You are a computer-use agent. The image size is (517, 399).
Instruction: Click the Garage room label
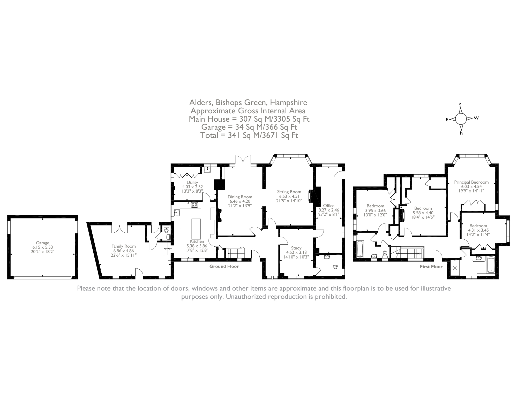click(x=42, y=243)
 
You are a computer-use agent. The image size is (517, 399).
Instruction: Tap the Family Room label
click(x=123, y=246)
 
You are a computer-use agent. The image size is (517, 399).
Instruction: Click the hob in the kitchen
click(x=194, y=205)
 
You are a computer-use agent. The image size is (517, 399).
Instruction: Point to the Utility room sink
click(x=207, y=170)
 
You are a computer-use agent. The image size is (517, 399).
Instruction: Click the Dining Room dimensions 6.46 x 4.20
click(x=240, y=201)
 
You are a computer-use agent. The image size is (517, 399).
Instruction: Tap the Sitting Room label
click(x=289, y=192)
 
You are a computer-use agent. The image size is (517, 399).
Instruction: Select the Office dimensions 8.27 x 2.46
click(x=328, y=210)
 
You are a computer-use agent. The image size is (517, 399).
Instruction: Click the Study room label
click(x=296, y=248)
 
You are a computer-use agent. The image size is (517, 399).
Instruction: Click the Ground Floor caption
click(x=224, y=266)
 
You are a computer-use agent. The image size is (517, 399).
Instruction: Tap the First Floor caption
click(x=431, y=267)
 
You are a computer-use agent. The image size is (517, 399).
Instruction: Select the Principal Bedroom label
click(x=471, y=182)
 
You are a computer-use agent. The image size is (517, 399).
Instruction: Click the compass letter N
click(x=461, y=133)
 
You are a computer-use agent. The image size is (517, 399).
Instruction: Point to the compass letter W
click(x=476, y=118)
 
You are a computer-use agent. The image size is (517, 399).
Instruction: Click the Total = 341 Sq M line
click(x=249, y=135)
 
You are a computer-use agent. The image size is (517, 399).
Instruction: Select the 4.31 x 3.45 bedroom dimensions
click(x=478, y=230)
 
